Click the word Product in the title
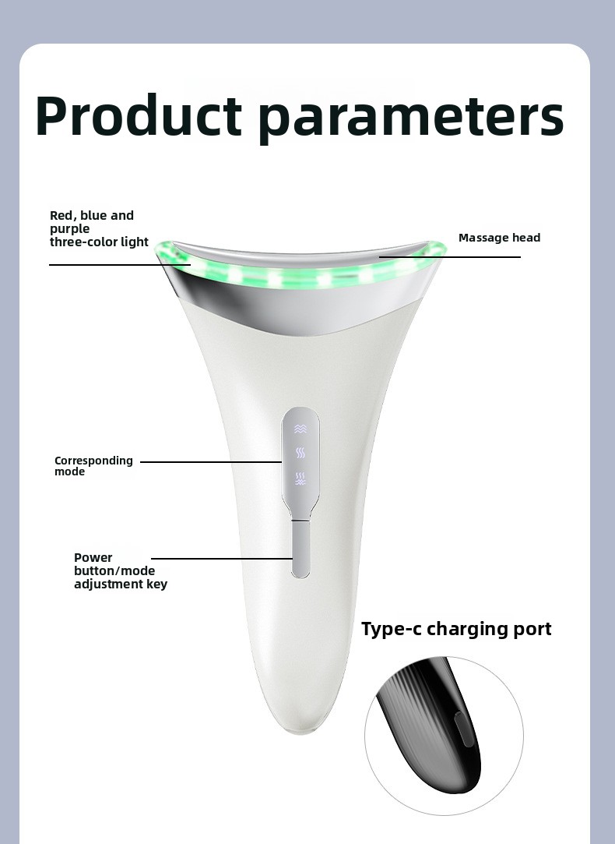139,115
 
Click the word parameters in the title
411,119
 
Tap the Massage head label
500,238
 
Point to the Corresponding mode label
93,466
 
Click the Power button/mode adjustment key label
121,571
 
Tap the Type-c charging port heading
456,629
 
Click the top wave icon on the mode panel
300,429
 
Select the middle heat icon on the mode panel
300,454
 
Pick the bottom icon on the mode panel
300,479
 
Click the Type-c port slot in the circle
464,729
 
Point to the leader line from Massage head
450,257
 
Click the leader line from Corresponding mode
211,462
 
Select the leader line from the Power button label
222,559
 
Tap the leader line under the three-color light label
120,265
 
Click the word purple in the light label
70,229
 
